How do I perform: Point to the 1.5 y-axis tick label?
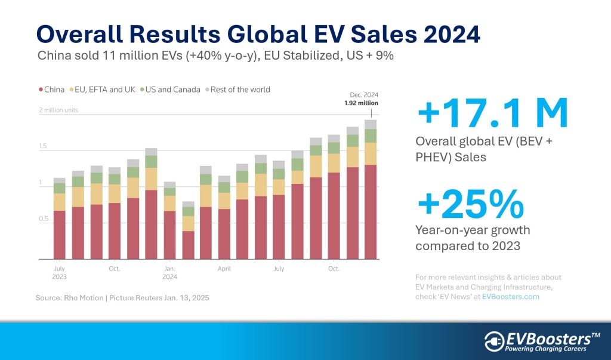(x=44, y=146)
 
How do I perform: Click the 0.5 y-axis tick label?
(x=44, y=219)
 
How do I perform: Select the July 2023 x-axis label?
(x=59, y=273)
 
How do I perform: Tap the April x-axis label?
(x=224, y=269)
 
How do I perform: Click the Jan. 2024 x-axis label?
(x=169, y=273)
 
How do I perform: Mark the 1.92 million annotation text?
(x=362, y=103)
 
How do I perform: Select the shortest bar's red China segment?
(x=188, y=245)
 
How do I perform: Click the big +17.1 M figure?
(x=492, y=115)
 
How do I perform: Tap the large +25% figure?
(x=471, y=205)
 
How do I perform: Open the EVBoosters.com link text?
(x=511, y=297)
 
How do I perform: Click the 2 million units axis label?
(x=58, y=110)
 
